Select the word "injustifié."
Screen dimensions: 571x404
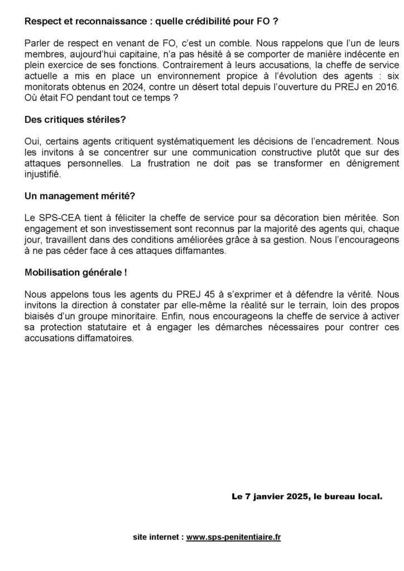click(43, 173)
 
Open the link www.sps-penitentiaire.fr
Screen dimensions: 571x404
click(233, 538)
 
